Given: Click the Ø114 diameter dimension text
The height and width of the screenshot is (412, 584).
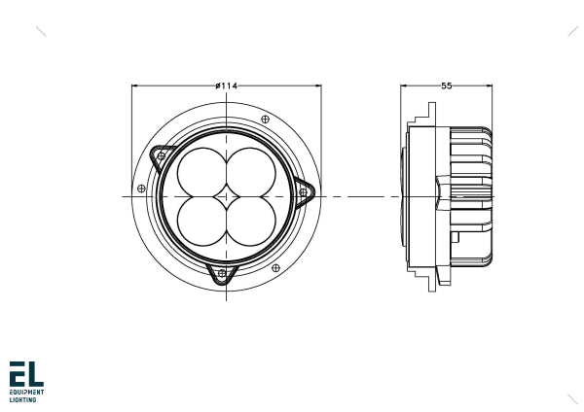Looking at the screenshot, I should [226, 86].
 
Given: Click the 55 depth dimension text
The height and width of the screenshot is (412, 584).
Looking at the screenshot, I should [446, 86].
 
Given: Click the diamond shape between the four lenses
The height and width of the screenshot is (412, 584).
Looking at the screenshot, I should [226, 195].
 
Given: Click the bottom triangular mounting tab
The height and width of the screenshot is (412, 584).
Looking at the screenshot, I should [222, 274].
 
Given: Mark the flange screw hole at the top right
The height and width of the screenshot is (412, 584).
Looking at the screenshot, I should [267, 119].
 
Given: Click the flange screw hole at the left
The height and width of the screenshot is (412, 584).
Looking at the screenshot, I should [142, 188].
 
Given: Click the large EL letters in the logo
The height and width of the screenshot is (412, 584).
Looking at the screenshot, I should [26, 374].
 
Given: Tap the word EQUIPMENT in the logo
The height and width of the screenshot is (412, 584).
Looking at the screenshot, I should [26, 393].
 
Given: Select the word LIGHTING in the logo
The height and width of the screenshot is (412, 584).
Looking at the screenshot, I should [23, 399].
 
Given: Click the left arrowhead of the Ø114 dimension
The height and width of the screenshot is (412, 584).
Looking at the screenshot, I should [135, 86].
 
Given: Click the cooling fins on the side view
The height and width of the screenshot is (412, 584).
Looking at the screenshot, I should [472, 194].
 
